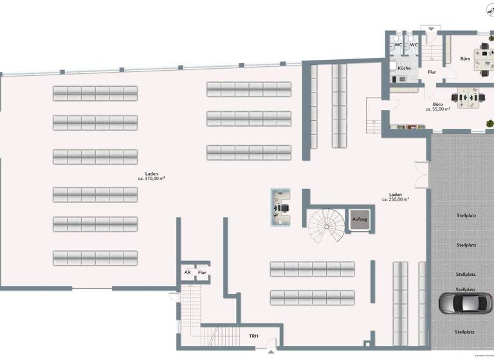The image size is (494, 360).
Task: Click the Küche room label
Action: [x=404, y=68]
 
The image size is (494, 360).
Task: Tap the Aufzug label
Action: [x=359, y=220]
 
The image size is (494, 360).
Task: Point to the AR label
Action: [x=187, y=273]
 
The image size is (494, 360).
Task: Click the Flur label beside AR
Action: [x=202, y=273]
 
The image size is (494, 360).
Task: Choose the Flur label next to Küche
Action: [x=432, y=72]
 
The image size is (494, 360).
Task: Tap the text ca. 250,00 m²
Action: [x=396, y=199]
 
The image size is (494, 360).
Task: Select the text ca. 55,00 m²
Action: [x=437, y=109]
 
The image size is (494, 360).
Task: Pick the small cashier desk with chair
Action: [x=281, y=206]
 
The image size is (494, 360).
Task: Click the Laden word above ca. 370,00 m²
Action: [x=152, y=173]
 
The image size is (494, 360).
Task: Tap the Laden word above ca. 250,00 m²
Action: [x=396, y=194]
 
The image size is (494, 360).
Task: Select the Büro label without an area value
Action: [x=465, y=59]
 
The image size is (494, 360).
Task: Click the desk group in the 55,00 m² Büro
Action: [x=468, y=98]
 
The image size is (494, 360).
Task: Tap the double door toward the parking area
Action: [x=420, y=175]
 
